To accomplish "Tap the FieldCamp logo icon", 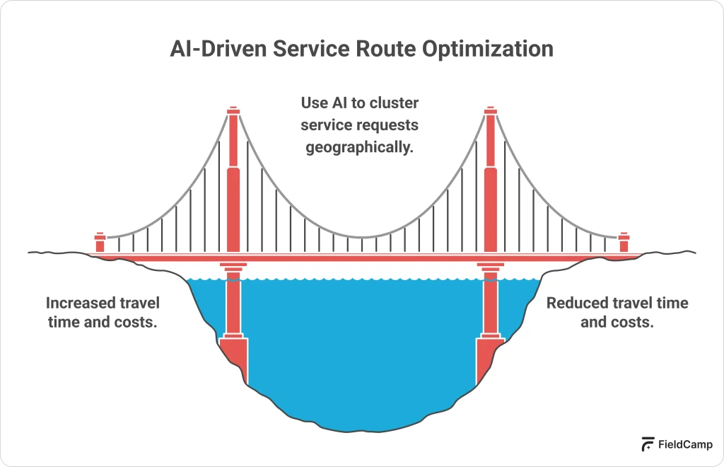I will [648, 444].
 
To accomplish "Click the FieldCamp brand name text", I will [686, 445].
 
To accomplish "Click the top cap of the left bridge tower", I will [233, 111].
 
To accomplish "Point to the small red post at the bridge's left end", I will [100, 243].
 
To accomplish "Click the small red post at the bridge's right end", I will [623, 243].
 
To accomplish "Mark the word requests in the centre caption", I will [388, 125].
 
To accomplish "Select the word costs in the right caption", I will [631, 321].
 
